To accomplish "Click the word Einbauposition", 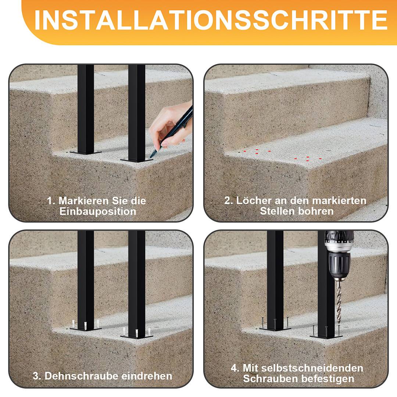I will [x=98, y=212].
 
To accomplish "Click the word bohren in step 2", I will [x=316, y=211].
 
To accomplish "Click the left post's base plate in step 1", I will [x=85, y=152].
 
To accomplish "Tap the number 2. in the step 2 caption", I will [x=229, y=201].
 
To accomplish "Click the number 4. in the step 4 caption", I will [x=235, y=368].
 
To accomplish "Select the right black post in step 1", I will [x=136, y=110].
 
